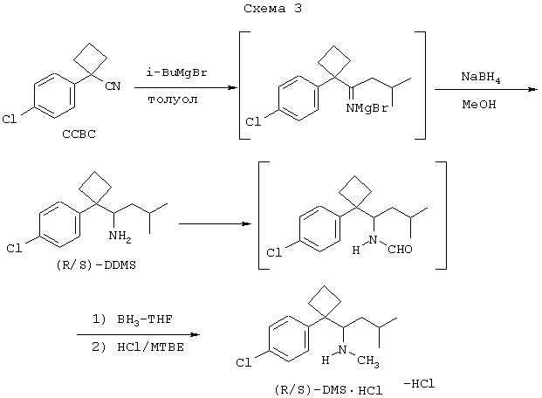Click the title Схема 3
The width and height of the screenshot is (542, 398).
[272, 9]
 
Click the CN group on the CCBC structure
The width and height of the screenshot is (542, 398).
[113, 86]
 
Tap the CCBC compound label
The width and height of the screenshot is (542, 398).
[79, 134]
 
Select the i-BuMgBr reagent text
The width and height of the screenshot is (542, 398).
[176, 72]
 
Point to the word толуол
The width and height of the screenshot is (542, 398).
[173, 99]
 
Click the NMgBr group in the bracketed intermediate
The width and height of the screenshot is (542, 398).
[367, 108]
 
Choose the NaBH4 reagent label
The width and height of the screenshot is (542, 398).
[481, 77]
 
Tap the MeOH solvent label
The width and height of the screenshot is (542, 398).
[479, 104]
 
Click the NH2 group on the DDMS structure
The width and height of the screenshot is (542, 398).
[120, 237]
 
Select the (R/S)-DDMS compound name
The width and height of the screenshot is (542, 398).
[96, 265]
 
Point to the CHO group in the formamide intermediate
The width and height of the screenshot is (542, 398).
[400, 249]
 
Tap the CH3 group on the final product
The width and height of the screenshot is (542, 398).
[368, 361]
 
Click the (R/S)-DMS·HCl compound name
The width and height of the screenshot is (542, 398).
[328, 390]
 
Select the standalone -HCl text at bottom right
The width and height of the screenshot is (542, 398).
[419, 383]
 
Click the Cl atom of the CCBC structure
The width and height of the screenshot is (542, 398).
[10, 120]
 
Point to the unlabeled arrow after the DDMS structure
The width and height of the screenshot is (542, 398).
[215, 224]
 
